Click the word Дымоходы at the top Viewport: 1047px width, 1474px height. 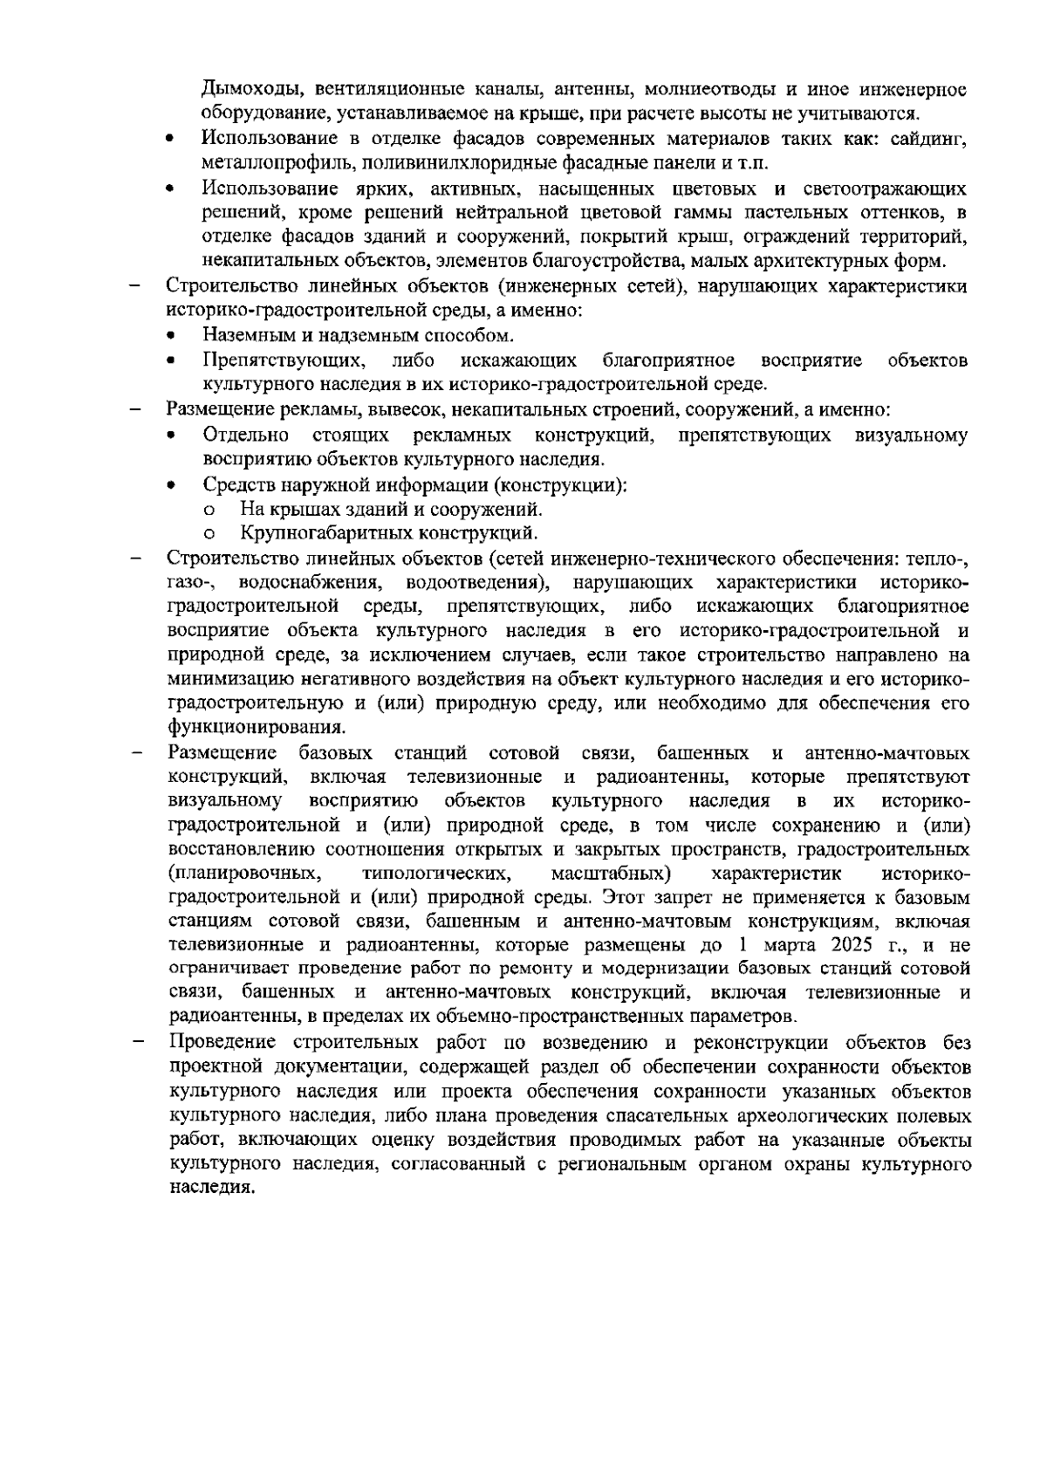[247, 90]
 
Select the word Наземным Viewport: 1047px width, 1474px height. [246, 336]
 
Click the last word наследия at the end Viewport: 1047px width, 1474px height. [212, 1189]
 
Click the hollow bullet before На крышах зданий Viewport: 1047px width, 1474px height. [209, 511]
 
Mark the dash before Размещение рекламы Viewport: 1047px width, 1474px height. [135, 409]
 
